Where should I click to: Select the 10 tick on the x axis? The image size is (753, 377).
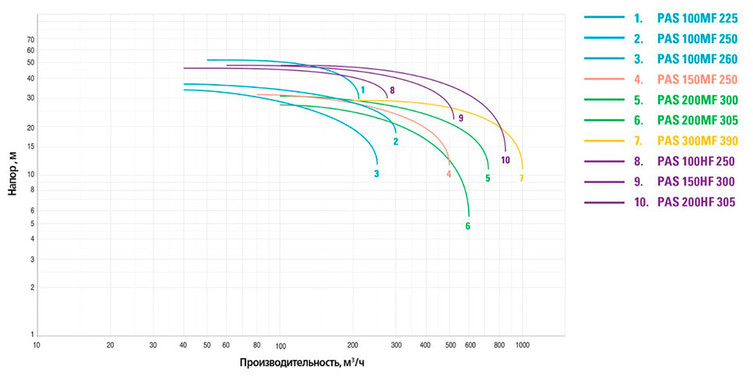37,344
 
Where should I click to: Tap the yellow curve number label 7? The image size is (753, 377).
522,178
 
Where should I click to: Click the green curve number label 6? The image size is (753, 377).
468,227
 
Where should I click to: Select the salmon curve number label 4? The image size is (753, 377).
449,174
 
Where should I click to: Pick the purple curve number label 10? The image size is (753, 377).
505,160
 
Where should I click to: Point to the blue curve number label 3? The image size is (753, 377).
376,174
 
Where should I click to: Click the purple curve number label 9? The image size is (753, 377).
461,118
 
